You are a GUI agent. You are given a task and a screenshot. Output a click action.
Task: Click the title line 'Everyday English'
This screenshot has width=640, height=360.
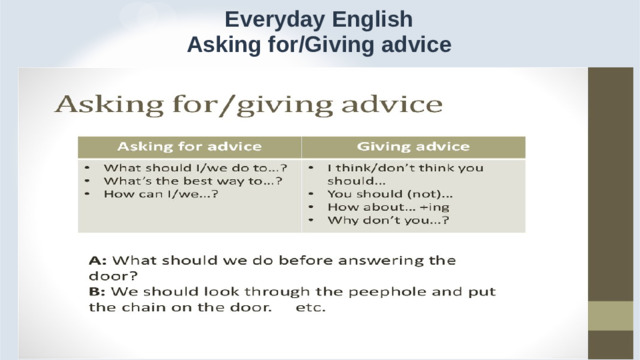(319, 19)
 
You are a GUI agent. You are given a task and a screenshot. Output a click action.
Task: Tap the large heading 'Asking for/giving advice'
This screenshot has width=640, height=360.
(247, 103)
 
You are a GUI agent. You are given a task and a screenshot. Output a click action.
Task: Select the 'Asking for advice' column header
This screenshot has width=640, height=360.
(191, 146)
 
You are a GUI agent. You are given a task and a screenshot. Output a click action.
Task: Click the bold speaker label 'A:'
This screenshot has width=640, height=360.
(98, 260)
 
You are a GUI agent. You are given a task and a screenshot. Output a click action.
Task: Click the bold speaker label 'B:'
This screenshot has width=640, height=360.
(98, 291)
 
